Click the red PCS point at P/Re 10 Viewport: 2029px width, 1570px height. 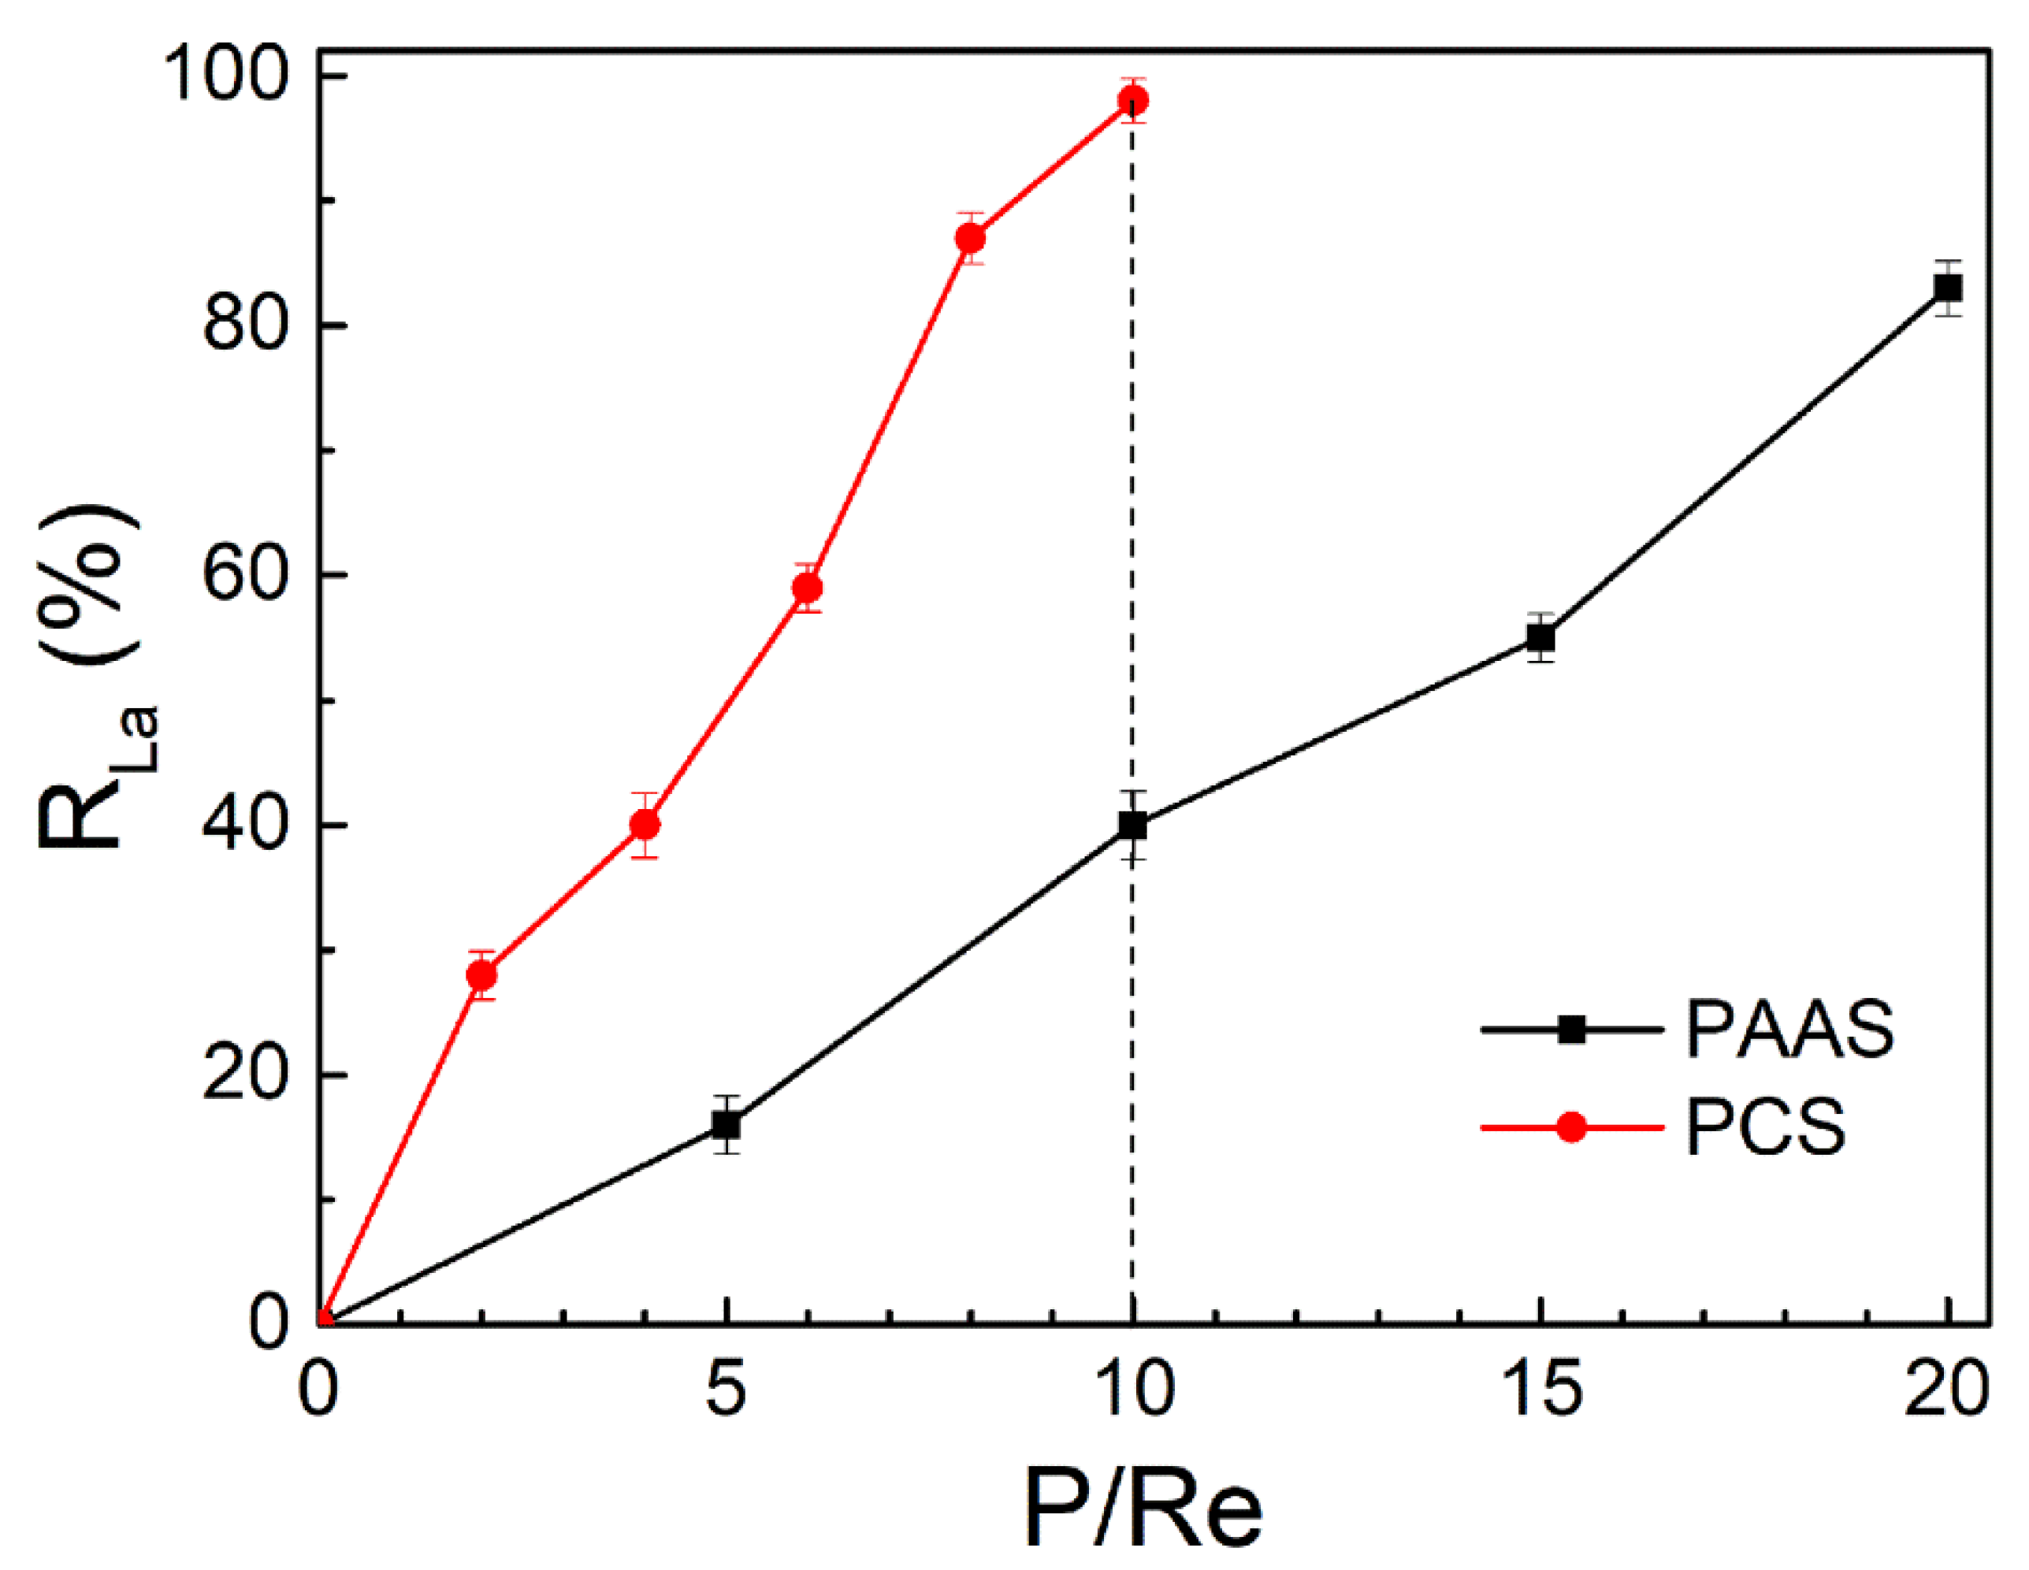click(1132, 99)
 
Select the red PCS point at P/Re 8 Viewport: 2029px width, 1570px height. click(970, 239)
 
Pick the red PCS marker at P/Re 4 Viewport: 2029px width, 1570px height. click(645, 824)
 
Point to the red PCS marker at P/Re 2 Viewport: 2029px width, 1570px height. click(481, 975)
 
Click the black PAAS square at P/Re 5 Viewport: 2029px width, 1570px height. click(727, 1125)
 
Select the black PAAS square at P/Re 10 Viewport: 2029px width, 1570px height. click(1132, 825)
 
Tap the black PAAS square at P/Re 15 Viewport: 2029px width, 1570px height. click(1541, 638)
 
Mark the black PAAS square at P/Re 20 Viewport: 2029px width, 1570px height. click(1947, 288)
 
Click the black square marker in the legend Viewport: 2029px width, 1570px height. click(1572, 1030)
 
